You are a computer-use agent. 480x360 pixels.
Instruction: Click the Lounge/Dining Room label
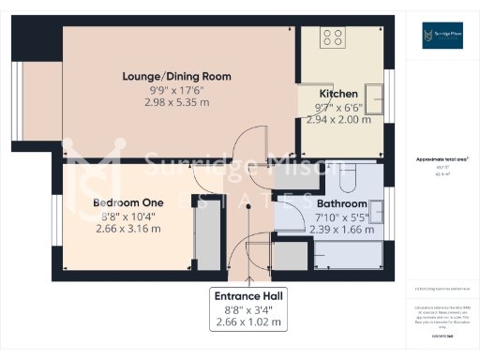click(177, 76)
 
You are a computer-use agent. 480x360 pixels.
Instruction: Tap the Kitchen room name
click(338, 95)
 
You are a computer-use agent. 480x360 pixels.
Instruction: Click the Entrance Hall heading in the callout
click(248, 295)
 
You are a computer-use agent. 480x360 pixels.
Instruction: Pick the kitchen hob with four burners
click(333, 37)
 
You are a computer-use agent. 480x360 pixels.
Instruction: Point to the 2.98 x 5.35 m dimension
click(177, 101)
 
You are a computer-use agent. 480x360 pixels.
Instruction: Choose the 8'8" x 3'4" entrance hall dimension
click(248, 309)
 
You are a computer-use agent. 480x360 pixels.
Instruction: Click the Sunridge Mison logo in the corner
click(439, 37)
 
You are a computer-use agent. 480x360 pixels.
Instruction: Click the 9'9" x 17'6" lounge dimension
click(177, 89)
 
